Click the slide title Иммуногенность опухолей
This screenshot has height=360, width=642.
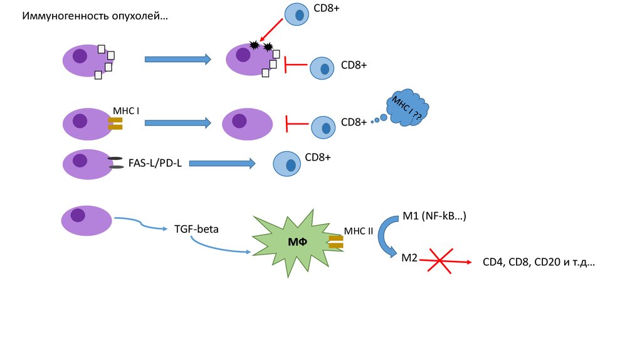95,16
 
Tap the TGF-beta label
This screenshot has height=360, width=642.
196,229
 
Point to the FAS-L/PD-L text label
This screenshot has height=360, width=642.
155,163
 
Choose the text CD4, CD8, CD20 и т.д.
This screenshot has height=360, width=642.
538,263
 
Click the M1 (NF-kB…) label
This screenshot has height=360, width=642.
434,216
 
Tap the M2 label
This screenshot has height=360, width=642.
409,257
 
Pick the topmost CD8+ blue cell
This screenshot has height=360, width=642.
297,14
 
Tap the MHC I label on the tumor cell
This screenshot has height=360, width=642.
125,110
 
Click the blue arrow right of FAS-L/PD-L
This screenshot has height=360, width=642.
222,163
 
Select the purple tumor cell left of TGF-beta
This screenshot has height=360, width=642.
87,220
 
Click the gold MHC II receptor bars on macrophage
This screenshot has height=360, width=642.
335,242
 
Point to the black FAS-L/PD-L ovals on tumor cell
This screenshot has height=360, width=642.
116,162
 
